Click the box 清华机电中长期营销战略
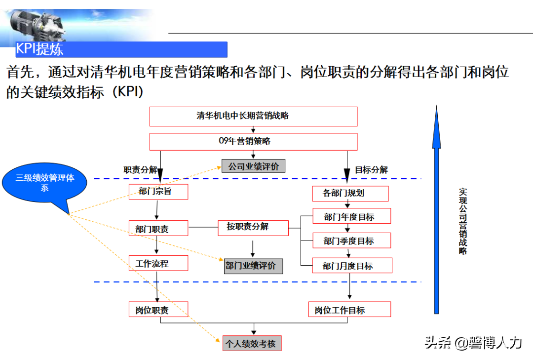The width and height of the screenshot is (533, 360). coord(253,116)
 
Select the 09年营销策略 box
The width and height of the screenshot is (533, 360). coord(253,141)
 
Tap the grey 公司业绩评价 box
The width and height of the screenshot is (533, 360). coord(254,166)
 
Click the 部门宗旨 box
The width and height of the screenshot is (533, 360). coord(158,192)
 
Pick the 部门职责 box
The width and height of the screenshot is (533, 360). coord(158,229)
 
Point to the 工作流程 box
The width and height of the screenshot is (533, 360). coord(158,264)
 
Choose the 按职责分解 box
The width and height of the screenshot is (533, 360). coord(253,227)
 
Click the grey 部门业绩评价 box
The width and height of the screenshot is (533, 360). coord(254,266)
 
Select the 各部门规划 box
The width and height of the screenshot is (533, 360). coord(350,193)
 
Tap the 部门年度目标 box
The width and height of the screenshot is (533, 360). coord(351,216)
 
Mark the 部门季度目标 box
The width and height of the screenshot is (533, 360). coord(351,241)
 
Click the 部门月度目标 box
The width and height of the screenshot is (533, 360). coord(352,266)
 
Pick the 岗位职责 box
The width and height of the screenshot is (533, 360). coord(158,310)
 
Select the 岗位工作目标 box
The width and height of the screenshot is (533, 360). coord(349,310)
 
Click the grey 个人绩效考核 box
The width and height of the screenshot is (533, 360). coord(252,343)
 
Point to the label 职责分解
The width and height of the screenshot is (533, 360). coord(140,169)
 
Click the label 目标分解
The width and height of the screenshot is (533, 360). coord(371,169)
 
